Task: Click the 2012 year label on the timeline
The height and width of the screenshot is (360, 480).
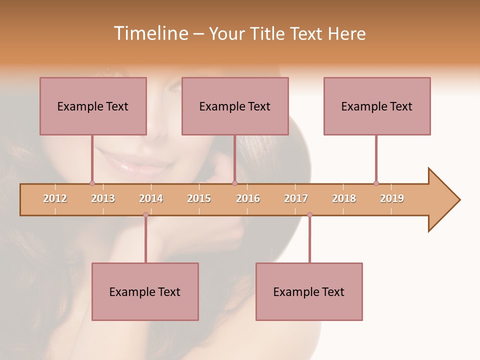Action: tap(55, 198)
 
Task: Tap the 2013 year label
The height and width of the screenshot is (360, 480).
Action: tap(103, 198)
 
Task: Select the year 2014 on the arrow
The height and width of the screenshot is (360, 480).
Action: tap(151, 198)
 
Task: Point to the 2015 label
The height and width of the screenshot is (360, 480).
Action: tap(199, 198)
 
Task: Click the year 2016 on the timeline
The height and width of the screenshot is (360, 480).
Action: tap(248, 198)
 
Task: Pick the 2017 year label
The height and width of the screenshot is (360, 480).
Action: tap(296, 198)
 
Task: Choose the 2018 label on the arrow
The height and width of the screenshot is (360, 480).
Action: tap(344, 198)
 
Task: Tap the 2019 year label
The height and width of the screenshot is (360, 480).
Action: tap(392, 198)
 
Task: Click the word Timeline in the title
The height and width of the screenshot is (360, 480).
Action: tap(150, 33)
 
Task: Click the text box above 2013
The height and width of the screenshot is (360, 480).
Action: tap(93, 106)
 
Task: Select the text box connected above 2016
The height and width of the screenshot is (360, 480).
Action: tap(235, 106)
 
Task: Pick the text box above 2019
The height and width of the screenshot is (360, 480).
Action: tap(377, 106)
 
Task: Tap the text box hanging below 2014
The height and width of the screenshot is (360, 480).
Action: tap(145, 291)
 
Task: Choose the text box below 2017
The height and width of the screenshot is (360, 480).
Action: tap(309, 291)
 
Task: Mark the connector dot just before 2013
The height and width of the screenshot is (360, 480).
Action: tap(92, 183)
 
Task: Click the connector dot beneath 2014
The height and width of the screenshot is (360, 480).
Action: tap(145, 215)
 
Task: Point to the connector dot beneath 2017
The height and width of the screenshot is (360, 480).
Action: tap(309, 215)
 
